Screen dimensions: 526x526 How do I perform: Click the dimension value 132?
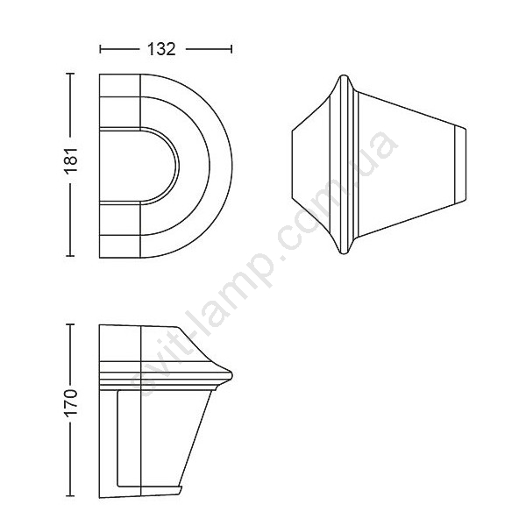161,49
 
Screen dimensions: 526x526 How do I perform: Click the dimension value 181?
71,160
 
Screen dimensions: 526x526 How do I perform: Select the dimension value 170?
71,403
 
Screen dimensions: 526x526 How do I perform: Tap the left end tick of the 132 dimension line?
100,49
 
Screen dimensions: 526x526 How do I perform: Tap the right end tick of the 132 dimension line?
231,49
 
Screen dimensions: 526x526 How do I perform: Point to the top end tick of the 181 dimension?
70,74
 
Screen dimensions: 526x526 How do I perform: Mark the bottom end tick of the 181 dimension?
70,256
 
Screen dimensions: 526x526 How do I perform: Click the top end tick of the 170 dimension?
70,324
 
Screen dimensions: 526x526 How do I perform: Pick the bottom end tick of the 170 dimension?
70,495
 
